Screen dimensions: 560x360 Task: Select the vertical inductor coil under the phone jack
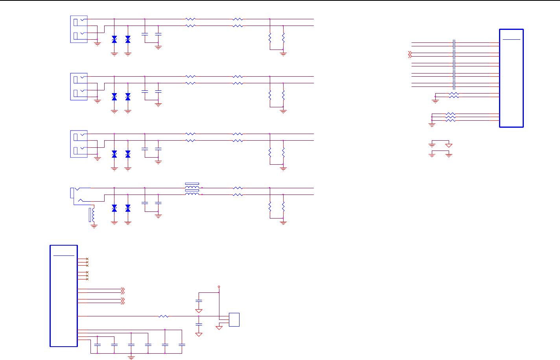coord(93,215)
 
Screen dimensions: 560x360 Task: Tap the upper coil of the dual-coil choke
coord(192,187)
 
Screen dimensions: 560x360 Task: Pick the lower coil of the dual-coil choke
coord(192,193)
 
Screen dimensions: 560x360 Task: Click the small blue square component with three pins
coord(234,320)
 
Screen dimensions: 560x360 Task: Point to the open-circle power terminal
coord(219,287)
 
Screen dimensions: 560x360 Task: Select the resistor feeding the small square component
coord(164,316)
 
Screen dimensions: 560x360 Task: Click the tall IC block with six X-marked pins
coord(64,296)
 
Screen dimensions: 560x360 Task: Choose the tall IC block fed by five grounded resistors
coord(511,78)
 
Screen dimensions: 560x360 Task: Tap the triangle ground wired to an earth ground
coord(449,145)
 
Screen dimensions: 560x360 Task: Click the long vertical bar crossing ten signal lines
coord(454,64)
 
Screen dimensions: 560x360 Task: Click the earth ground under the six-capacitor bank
coord(131,357)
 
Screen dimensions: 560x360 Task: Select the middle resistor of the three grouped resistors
coord(450,117)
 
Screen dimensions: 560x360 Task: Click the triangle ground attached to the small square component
coord(219,327)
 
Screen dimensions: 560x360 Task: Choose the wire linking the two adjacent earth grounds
coord(440,152)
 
